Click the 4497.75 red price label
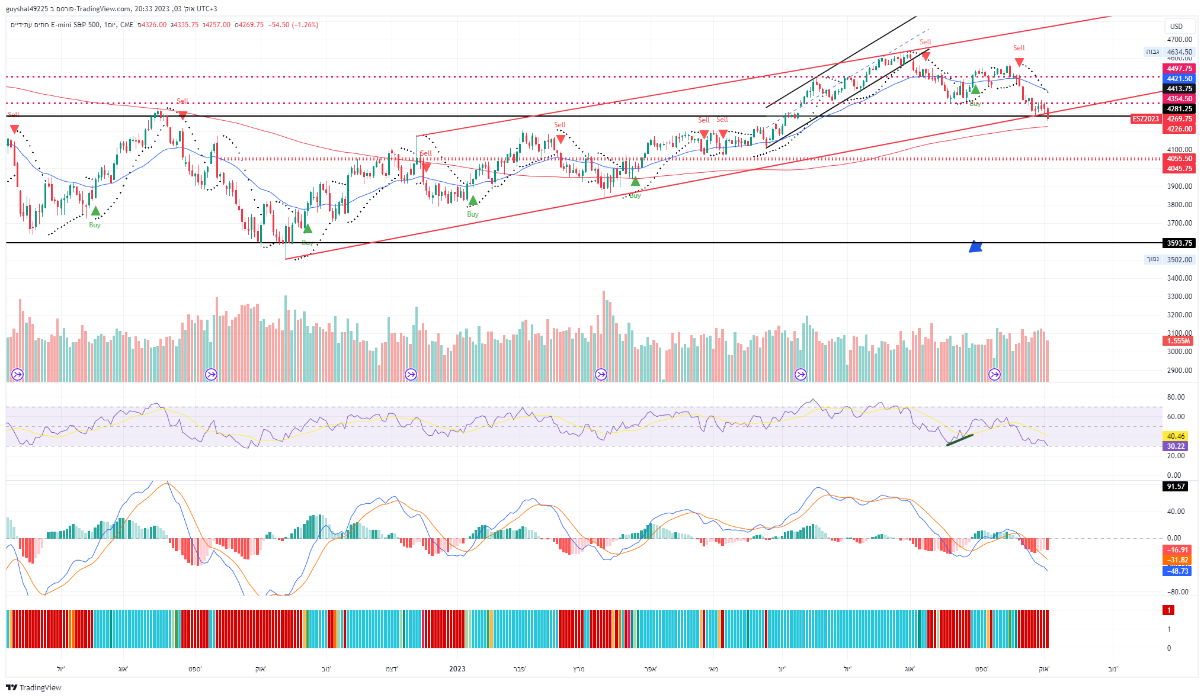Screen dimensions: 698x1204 [1179, 69]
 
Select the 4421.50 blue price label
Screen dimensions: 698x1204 [1179, 79]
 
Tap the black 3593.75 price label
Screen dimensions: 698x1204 [1179, 243]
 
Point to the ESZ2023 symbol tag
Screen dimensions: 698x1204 [1145, 119]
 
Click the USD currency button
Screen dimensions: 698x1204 [1176, 26]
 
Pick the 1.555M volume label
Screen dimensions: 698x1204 [1178, 341]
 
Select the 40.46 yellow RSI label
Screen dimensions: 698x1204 [1175, 436]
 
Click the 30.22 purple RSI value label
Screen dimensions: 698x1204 [1175, 446]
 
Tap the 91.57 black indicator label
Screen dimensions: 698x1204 [1175, 487]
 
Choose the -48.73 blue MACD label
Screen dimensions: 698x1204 [1177, 571]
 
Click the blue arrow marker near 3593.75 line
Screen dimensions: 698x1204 [975, 247]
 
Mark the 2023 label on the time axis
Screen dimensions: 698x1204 [457, 669]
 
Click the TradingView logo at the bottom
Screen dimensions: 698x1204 [34, 687]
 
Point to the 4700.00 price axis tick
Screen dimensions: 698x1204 [1179, 40]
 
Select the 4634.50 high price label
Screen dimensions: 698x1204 [1179, 52]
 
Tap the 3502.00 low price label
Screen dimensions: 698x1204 [1179, 260]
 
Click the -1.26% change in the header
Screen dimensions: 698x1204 [305, 25]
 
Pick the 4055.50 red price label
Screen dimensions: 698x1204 [1179, 159]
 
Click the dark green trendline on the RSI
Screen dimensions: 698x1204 [959, 440]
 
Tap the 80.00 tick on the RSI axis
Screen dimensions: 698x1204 [1176, 397]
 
